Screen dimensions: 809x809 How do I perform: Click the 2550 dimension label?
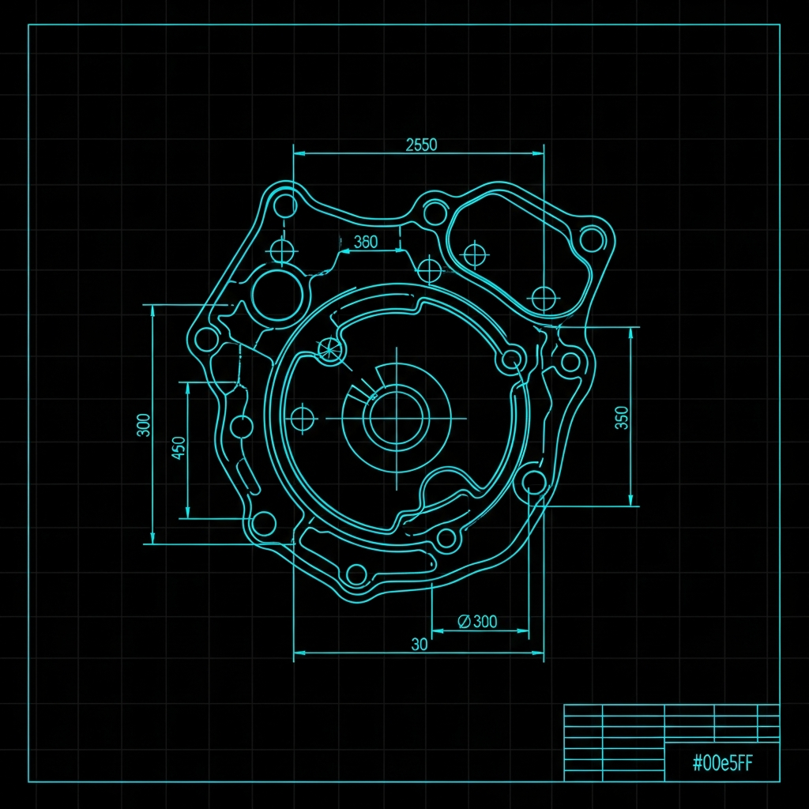click(421, 145)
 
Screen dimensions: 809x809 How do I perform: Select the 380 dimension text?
click(366, 242)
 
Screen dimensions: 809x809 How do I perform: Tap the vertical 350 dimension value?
click(623, 417)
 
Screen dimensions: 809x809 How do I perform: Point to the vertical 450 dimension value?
click(178, 448)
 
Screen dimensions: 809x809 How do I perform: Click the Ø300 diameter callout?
click(478, 621)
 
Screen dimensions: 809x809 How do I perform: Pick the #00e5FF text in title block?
click(722, 762)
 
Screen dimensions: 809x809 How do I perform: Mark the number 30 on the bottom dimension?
click(420, 644)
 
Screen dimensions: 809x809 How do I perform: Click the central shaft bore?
click(397, 418)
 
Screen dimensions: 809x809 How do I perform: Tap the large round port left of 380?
click(277, 295)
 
